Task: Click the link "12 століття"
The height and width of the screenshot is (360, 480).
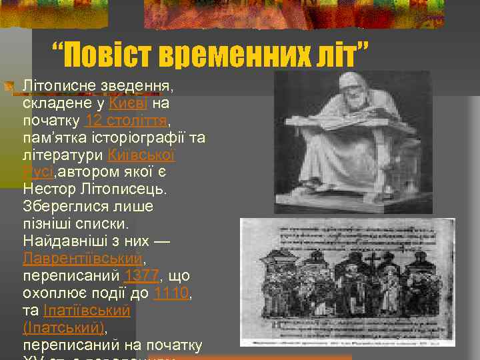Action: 126,121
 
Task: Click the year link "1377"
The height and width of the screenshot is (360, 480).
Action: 141,275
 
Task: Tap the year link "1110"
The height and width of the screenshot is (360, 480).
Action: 171,293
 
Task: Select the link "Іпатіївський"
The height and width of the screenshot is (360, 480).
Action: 86,310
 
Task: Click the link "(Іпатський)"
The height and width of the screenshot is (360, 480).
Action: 64,327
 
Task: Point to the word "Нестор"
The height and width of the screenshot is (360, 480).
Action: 49,190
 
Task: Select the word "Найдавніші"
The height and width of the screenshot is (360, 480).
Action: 62,241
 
